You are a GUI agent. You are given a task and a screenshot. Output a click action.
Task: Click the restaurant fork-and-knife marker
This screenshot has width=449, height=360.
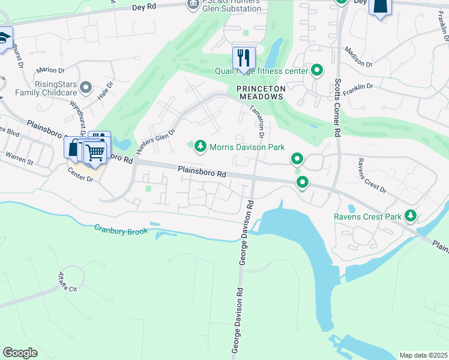click(x=244, y=58)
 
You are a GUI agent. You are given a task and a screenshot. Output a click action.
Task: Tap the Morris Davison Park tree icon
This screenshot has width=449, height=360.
click(x=200, y=146)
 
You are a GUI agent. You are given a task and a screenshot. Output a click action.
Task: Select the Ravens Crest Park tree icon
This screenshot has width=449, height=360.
click(x=411, y=215)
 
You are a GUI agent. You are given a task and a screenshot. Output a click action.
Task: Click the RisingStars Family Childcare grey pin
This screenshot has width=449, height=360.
click(x=87, y=88)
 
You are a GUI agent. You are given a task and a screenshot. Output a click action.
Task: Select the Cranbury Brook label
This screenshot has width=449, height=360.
click(x=121, y=230)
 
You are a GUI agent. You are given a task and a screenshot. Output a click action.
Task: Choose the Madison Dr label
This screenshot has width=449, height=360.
click(x=360, y=60)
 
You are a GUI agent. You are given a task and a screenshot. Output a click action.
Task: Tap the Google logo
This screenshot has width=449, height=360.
click(x=20, y=353)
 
